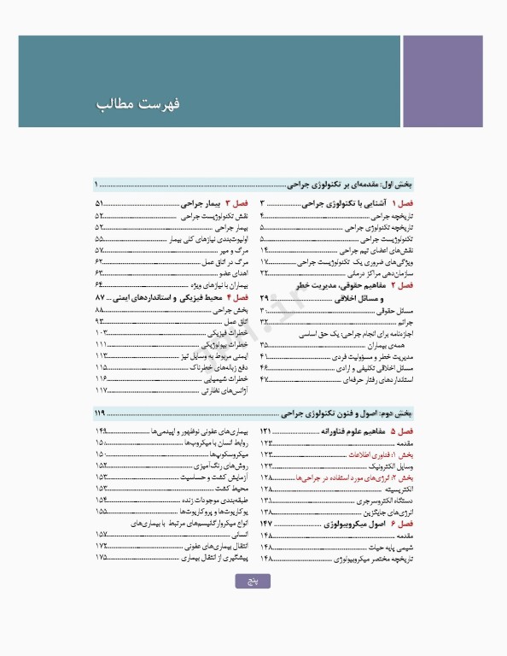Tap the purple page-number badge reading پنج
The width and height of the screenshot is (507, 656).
coord(253,581)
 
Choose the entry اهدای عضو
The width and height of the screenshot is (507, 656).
coord(235,272)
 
